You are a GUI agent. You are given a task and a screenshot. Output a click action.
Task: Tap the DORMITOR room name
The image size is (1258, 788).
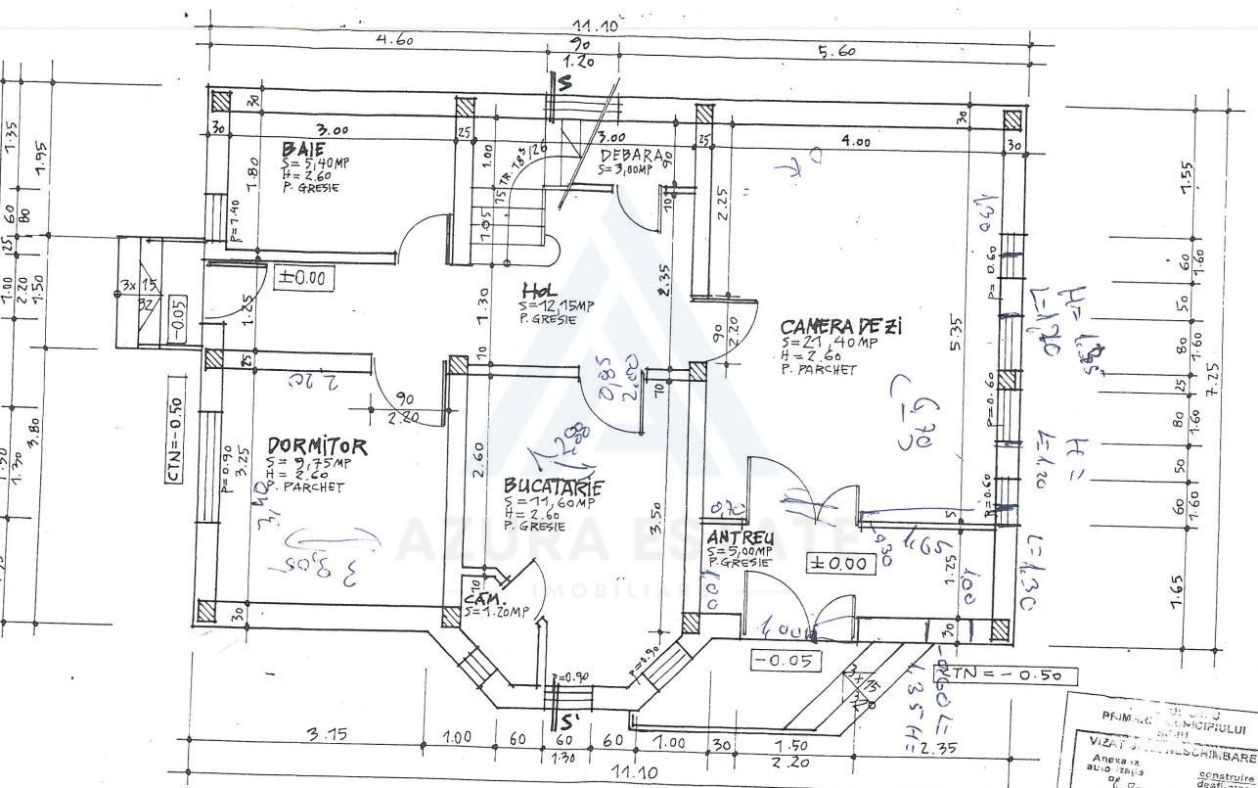tap(317, 447)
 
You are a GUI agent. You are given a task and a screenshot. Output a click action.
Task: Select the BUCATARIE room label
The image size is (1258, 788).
tap(553, 487)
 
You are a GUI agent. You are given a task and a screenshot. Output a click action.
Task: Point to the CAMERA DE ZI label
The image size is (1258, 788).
tap(840, 326)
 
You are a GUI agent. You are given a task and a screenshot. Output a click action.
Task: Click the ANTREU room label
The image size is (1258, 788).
tap(741, 537)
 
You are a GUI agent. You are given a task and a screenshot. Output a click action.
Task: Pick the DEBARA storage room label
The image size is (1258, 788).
tap(636, 155)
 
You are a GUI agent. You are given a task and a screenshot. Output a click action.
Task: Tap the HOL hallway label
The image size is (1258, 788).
tap(539, 292)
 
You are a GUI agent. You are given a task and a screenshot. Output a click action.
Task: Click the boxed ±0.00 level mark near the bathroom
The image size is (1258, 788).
tap(302, 278)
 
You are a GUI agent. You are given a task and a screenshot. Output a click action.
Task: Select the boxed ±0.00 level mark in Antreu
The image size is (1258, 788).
tap(839, 563)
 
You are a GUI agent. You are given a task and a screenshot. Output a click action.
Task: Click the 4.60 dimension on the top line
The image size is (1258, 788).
tap(394, 40)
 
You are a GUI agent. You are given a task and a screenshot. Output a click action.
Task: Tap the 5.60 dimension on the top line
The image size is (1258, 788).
tap(836, 51)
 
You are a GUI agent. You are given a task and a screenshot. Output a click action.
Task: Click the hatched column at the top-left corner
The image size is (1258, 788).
tap(219, 102)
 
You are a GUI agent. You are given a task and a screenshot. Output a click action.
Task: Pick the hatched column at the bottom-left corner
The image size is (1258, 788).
tap(206, 612)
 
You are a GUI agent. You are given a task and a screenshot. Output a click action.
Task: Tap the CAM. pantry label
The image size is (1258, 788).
tap(484, 598)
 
